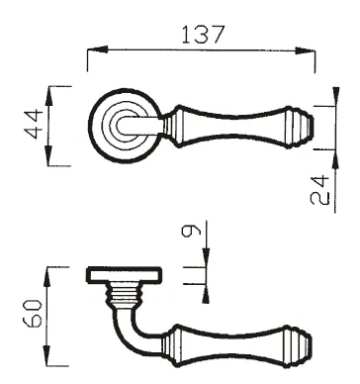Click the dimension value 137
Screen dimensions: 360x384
click(204, 35)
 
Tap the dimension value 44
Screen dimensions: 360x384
click(34, 125)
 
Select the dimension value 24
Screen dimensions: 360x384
click(319, 190)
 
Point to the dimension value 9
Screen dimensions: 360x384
click(191, 231)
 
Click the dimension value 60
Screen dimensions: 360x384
click(33, 314)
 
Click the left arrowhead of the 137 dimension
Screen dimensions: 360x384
click(98, 49)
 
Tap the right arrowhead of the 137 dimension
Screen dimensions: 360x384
click(305, 50)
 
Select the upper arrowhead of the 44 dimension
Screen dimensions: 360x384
click(48, 96)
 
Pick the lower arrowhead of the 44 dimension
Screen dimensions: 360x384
click(48, 155)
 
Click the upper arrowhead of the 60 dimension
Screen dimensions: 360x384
click(46, 277)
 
